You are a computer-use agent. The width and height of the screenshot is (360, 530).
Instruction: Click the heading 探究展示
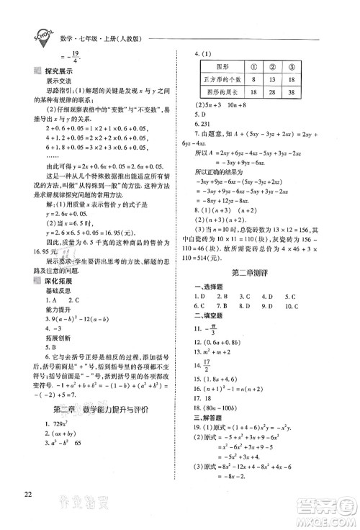tap(55, 73)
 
